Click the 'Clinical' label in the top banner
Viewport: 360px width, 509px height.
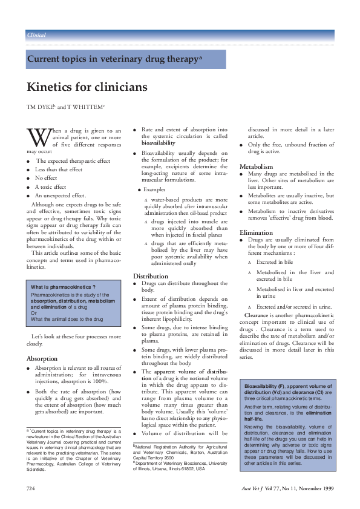tap(37, 35)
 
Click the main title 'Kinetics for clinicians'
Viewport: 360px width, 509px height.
tap(87, 87)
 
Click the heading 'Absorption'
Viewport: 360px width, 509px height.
tap(42, 358)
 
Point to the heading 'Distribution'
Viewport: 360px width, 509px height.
tap(151, 276)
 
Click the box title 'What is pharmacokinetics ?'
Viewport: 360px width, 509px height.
tap(64, 286)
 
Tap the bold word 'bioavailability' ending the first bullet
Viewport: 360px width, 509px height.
tap(158, 145)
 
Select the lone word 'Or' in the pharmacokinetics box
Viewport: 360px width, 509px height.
tap(34, 312)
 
